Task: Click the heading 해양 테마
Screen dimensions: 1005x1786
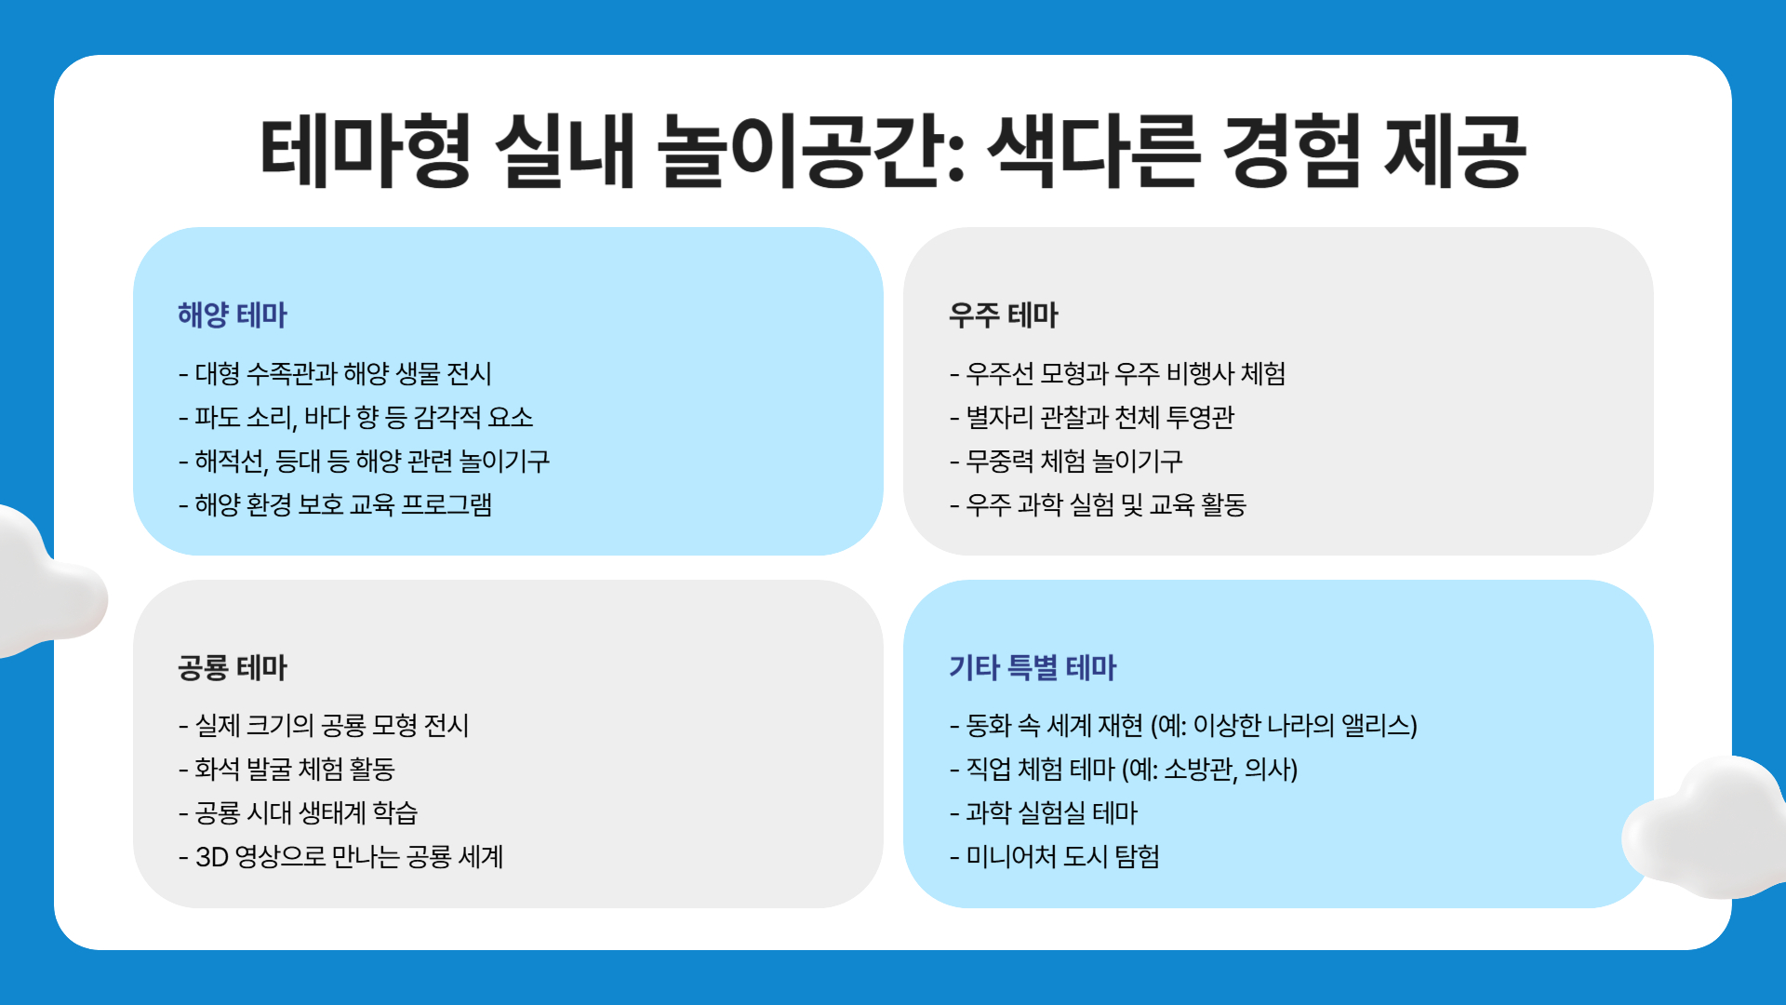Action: point(233,315)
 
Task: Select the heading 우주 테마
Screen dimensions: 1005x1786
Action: point(1003,315)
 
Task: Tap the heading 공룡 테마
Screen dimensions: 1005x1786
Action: point(233,667)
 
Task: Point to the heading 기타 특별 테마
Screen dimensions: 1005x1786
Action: point(1032,667)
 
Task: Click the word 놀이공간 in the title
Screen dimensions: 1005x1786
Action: point(809,152)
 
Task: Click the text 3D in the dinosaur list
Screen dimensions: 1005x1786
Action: point(212,857)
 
